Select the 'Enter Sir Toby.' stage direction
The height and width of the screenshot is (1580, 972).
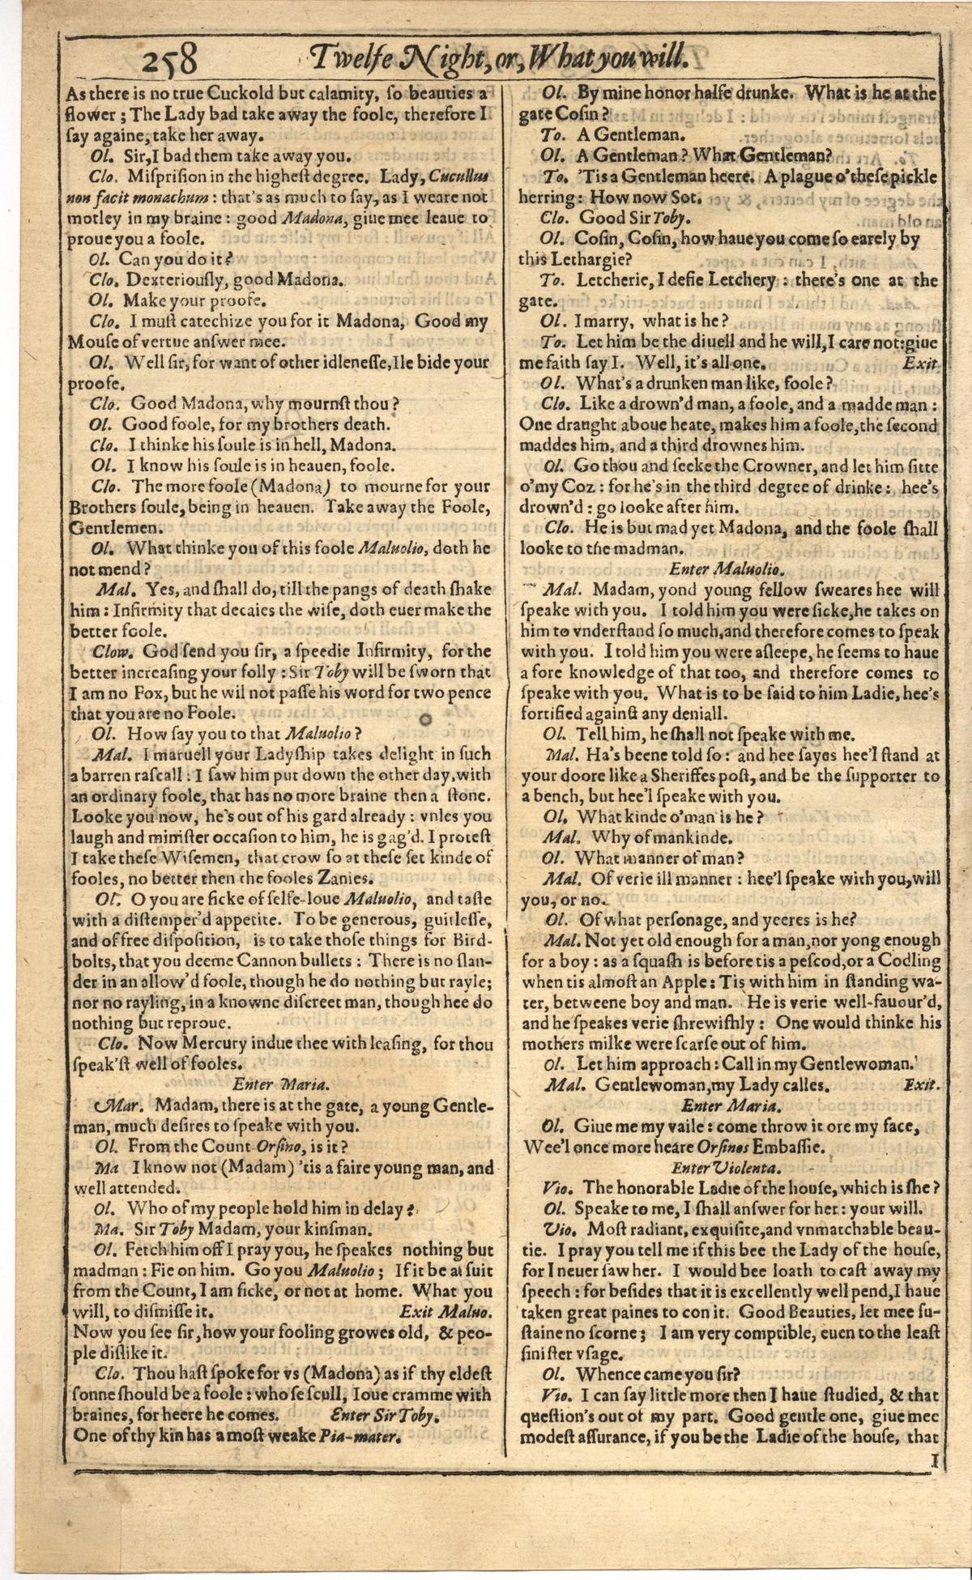pos(386,1416)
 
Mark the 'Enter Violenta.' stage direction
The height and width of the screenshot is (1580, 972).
pos(727,1168)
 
